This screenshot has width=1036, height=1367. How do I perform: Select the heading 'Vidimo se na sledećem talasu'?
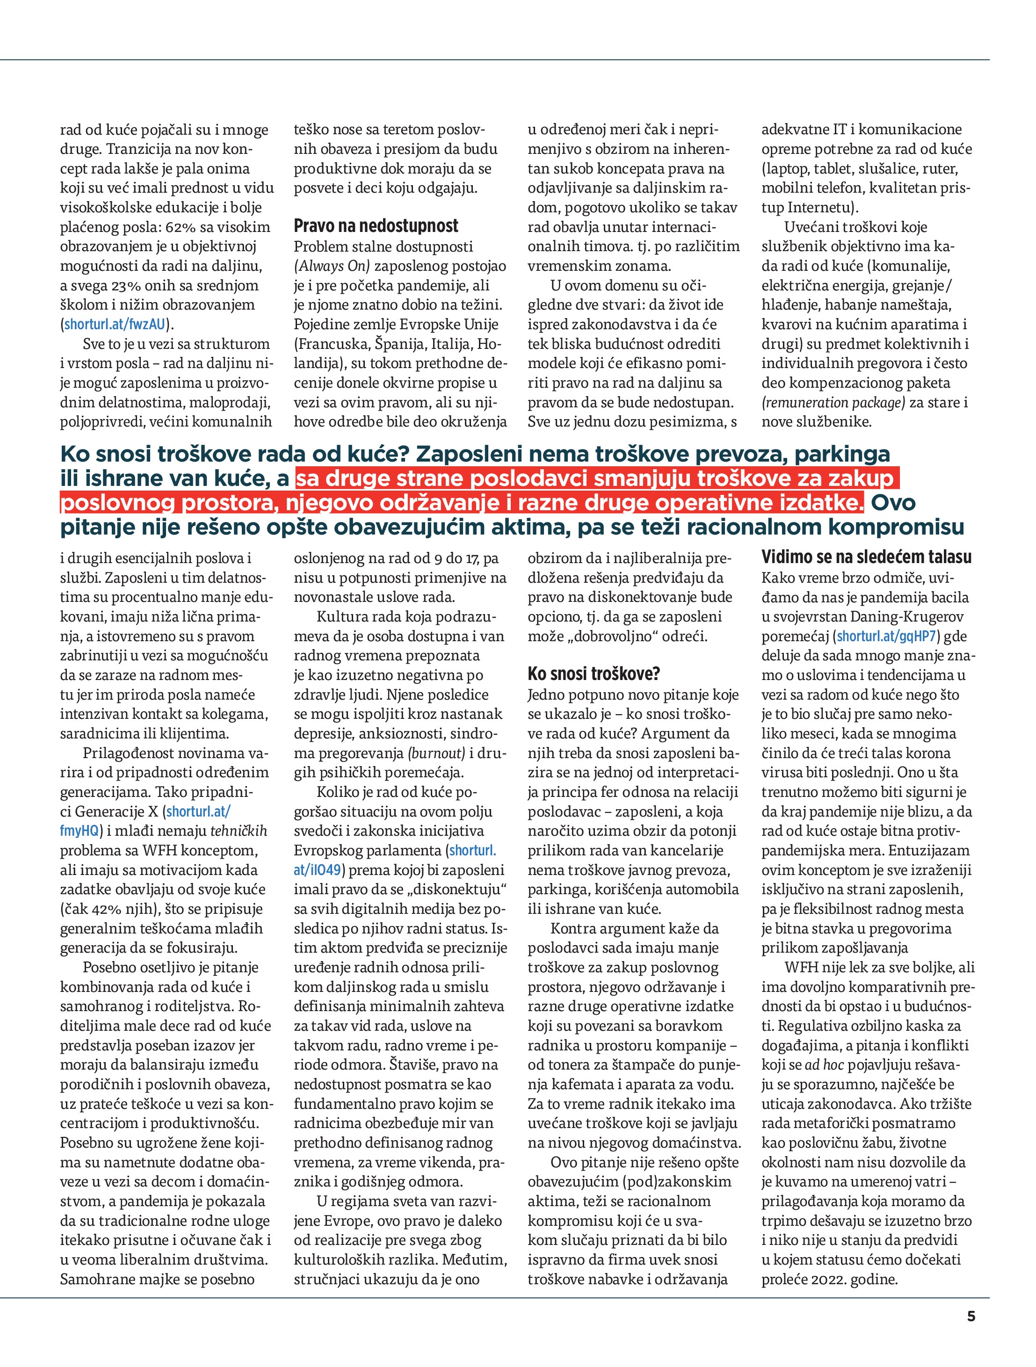(x=866, y=557)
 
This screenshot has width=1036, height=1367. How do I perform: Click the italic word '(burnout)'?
(x=436, y=753)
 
